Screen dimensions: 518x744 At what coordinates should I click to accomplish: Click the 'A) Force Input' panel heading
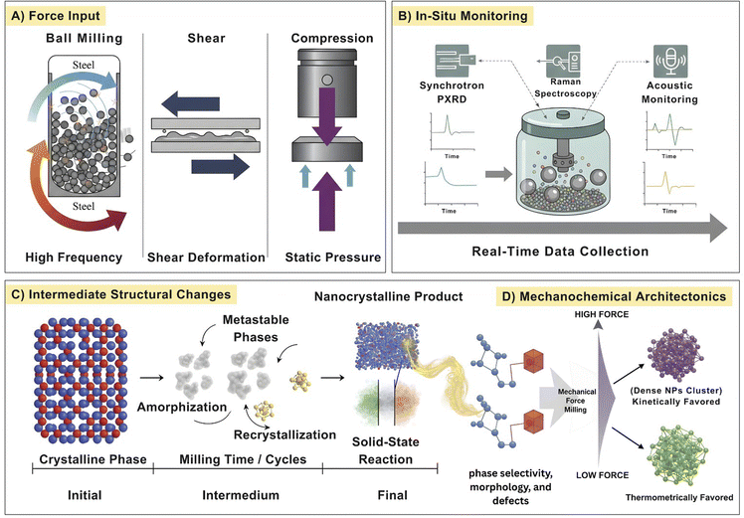[63, 16]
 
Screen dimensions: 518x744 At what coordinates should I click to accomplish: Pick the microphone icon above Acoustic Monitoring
[663, 58]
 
